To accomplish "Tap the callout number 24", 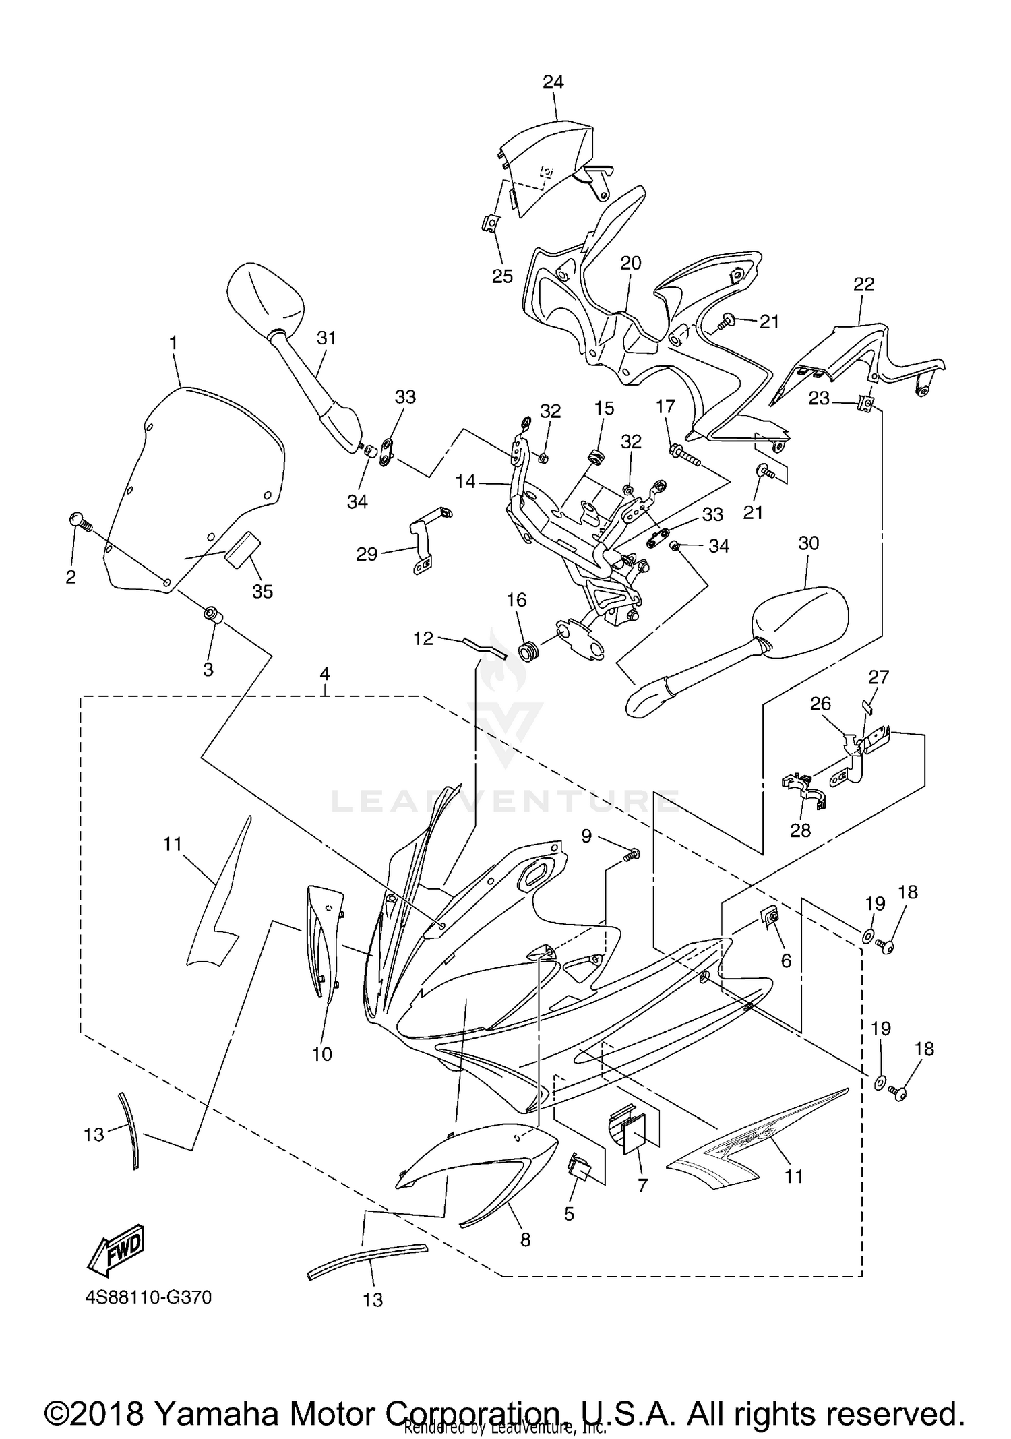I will tap(553, 82).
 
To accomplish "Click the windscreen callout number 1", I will tap(173, 343).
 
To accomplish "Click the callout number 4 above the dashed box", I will tap(325, 673).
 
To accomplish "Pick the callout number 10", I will tap(322, 1054).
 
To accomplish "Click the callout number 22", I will tap(863, 284).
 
